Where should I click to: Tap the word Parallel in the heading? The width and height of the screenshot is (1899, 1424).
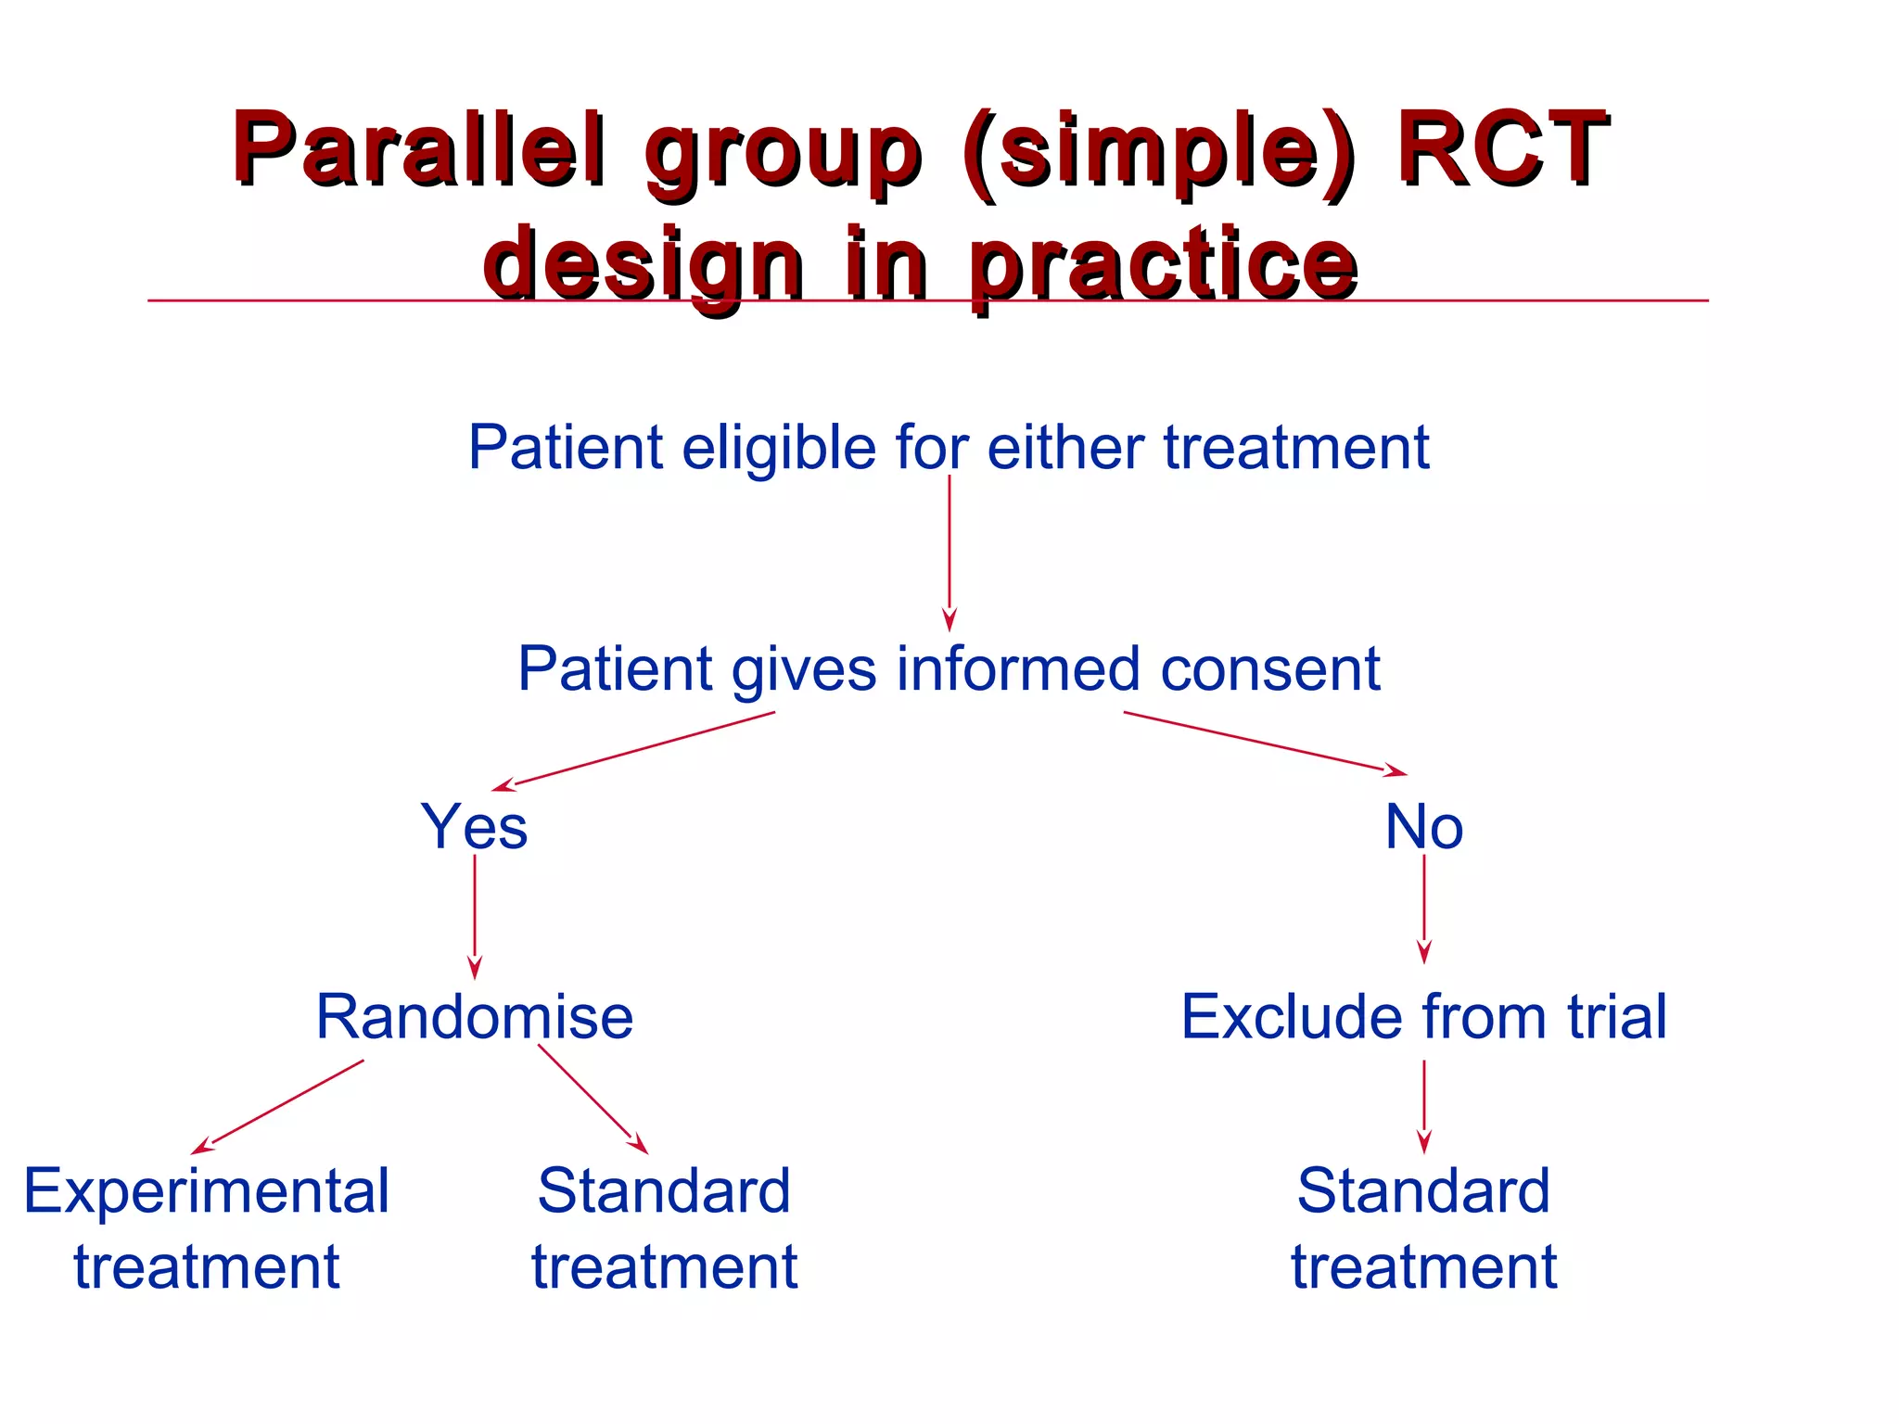click(x=419, y=148)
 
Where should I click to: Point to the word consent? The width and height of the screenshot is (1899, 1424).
click(x=1269, y=668)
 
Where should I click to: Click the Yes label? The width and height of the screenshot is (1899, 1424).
click(x=474, y=826)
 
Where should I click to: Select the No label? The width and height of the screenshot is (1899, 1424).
click(x=1423, y=826)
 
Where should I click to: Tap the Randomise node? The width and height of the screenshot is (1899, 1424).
click(x=474, y=1017)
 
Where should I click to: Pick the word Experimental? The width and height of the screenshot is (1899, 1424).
click(x=206, y=1191)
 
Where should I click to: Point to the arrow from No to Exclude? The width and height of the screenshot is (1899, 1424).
click(x=1423, y=909)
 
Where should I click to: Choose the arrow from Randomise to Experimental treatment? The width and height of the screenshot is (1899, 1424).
click(x=278, y=1107)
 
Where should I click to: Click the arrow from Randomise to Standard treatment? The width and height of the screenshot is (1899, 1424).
click(x=593, y=1099)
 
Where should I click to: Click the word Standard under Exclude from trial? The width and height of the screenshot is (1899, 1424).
click(x=1422, y=1191)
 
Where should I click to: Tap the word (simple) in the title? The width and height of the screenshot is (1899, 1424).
click(x=1159, y=148)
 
